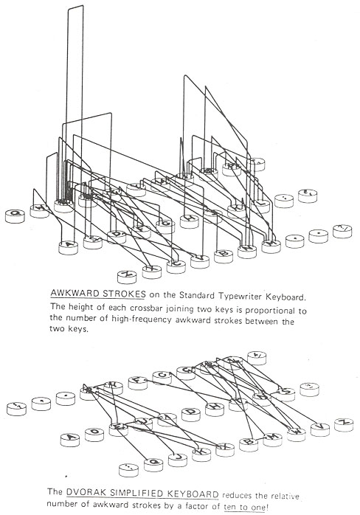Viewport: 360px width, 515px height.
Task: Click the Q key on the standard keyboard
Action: coord(15,215)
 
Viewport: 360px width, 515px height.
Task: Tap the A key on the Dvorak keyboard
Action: coord(72,437)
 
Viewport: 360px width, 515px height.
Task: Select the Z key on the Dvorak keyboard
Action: coord(342,423)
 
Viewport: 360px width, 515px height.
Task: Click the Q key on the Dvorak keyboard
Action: coord(154,463)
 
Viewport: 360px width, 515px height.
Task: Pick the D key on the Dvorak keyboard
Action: coord(191,411)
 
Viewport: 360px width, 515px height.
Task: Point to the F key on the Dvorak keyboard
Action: coord(137,381)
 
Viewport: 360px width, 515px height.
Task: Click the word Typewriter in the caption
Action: coord(260,297)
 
